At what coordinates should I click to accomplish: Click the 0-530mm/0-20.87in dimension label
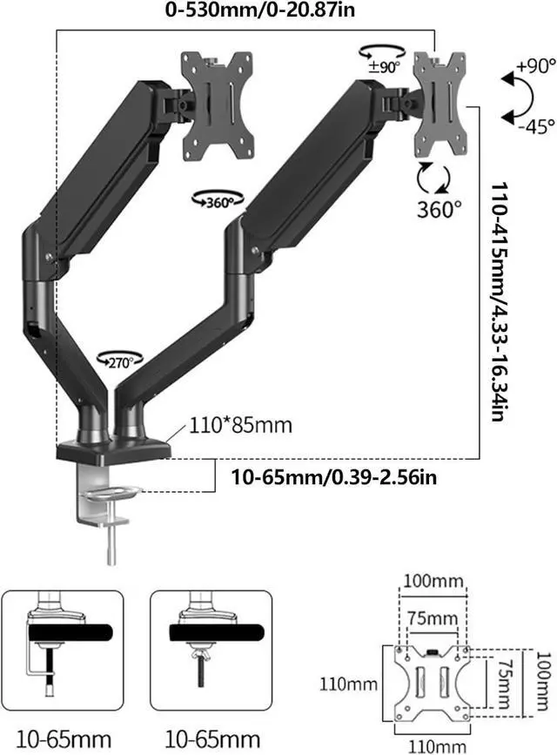(260, 10)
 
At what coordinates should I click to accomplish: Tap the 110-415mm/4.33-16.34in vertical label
(500, 302)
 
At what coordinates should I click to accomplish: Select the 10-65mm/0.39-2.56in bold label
(334, 477)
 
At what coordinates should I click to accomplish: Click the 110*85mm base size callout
(240, 425)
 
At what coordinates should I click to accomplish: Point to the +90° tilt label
(535, 66)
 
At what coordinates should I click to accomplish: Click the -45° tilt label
(536, 126)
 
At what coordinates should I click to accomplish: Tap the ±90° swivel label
(385, 67)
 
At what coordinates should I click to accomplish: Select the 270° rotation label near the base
(120, 361)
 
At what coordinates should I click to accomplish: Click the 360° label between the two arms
(218, 203)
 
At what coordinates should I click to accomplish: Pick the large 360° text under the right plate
(439, 210)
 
